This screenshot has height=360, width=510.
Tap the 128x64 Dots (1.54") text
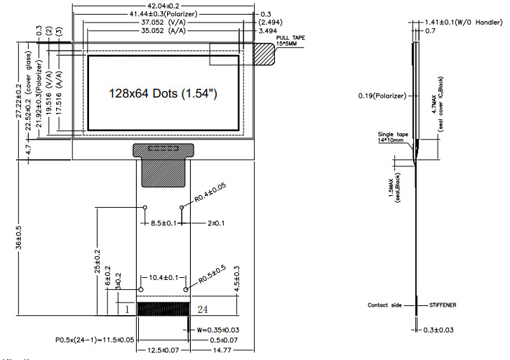pos(162,93)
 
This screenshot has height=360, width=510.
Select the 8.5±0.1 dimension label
pos(163,223)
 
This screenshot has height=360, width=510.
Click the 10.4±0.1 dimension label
pos(163,279)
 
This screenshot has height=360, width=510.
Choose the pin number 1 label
pos(127,308)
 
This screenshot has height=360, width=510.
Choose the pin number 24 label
pos(202,308)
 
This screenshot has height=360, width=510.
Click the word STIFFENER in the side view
pos(444,305)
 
